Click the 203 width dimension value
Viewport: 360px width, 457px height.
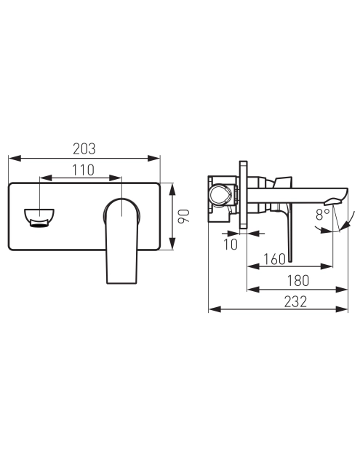[x=84, y=148]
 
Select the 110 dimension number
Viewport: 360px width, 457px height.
[x=83, y=170]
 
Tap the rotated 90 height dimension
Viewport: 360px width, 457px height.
[x=184, y=216]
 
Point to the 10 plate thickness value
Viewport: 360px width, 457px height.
[x=231, y=245]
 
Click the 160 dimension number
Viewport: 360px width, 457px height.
[x=274, y=259]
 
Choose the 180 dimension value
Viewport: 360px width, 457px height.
[x=298, y=281]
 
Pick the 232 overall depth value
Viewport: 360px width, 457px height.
[x=295, y=302]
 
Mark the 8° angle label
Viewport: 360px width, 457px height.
[x=322, y=215]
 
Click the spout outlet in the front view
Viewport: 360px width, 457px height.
[x=39, y=218]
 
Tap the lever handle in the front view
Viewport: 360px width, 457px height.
[x=121, y=240]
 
